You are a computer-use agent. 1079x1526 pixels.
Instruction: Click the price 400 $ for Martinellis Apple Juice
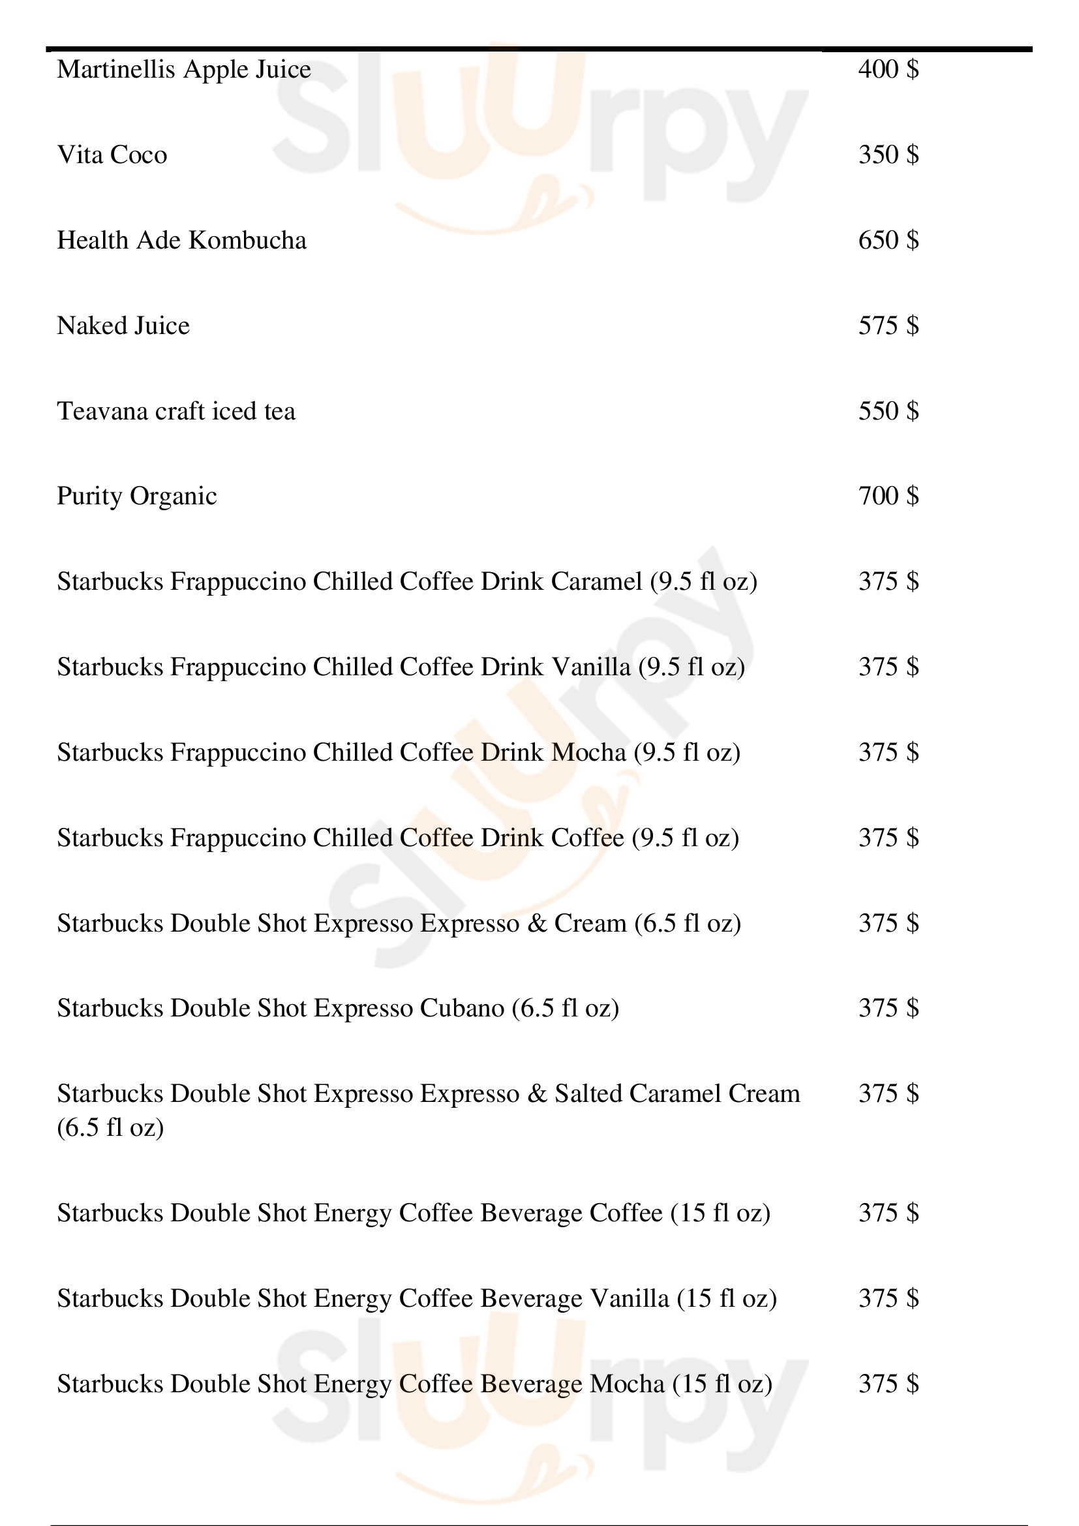click(889, 69)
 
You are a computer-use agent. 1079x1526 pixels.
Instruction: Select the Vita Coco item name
click(112, 155)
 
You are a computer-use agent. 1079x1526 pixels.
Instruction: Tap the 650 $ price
click(889, 240)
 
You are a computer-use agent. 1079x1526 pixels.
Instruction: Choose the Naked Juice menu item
click(123, 326)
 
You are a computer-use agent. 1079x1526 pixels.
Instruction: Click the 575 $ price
click(889, 326)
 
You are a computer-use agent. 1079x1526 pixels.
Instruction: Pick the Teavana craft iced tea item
click(176, 411)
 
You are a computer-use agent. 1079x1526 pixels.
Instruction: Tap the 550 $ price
click(889, 411)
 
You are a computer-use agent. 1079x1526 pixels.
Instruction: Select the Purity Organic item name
click(137, 496)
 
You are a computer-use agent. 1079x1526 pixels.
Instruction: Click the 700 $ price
click(889, 496)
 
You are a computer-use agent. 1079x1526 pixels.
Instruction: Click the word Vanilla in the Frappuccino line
click(591, 667)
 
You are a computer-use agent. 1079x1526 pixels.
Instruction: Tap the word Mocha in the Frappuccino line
click(588, 752)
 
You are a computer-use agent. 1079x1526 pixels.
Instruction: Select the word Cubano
click(463, 1008)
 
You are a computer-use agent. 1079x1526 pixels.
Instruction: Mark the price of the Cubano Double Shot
click(889, 1008)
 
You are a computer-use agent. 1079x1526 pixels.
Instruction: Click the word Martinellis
click(116, 69)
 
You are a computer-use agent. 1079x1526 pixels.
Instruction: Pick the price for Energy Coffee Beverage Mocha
click(889, 1384)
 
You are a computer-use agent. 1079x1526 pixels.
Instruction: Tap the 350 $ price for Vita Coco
click(889, 155)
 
